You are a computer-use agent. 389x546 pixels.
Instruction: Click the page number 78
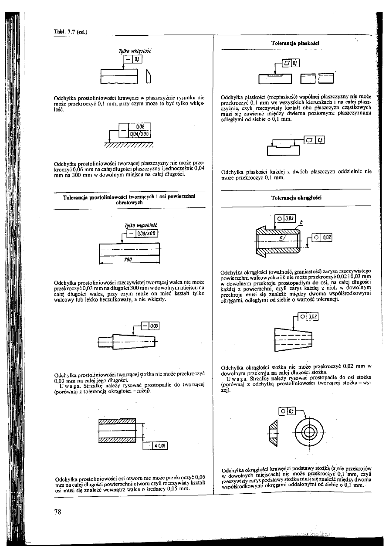[57, 512]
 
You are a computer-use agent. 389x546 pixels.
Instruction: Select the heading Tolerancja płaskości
[296, 44]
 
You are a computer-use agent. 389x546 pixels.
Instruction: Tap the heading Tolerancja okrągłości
[296, 197]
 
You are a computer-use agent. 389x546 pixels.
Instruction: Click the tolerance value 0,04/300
[139, 133]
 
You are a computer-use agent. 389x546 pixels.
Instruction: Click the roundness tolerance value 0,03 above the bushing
[290, 218]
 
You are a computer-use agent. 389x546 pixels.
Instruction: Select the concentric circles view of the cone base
[308, 432]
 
